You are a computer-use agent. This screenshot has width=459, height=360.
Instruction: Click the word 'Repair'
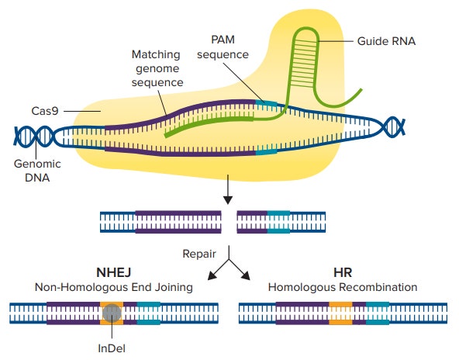(198, 253)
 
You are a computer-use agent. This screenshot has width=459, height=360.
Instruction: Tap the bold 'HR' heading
(342, 273)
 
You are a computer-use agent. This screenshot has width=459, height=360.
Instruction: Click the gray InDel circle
(112, 313)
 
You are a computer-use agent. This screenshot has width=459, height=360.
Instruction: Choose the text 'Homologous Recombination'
(342, 287)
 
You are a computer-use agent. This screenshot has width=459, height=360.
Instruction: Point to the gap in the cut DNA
(229, 222)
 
